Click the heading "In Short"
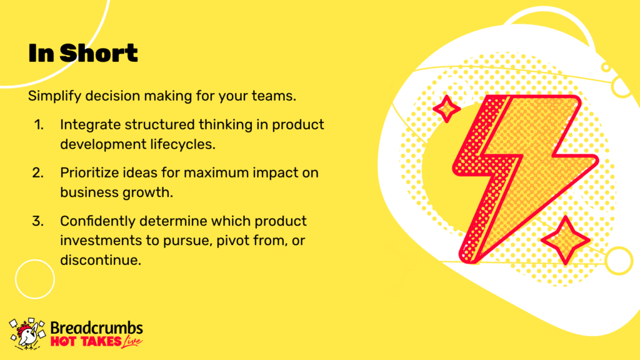coord(83,53)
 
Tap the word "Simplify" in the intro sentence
coord(55,96)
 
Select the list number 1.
coord(39,124)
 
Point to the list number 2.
coord(38,172)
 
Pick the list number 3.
coord(38,221)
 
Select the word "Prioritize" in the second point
coord(88,173)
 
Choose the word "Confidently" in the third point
coord(98,221)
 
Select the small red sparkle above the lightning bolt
coord(446,109)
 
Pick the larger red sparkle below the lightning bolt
coord(565,241)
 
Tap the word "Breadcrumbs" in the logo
coord(97,327)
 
